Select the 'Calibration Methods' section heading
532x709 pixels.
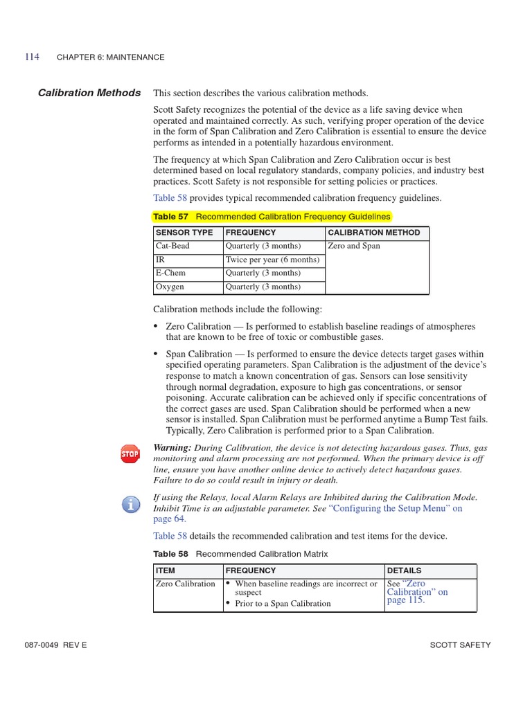pyautogui.click(x=89, y=93)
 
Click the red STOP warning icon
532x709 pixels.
pyautogui.click(x=130, y=454)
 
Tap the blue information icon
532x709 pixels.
pyautogui.click(x=130, y=503)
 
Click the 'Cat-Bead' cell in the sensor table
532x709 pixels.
pyautogui.click(x=172, y=246)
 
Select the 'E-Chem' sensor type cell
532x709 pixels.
pyautogui.click(x=170, y=273)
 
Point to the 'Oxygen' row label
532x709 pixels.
pyautogui.click(x=170, y=287)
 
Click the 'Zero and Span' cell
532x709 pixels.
pyautogui.click(x=354, y=246)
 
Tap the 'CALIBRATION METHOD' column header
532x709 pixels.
pyautogui.click(x=373, y=233)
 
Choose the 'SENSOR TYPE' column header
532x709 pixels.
pyautogui.click(x=184, y=233)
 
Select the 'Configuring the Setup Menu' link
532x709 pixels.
pyautogui.click(x=396, y=508)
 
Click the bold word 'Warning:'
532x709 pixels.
pyautogui.click(x=172, y=447)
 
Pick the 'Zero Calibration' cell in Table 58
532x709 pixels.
pyautogui.click(x=186, y=584)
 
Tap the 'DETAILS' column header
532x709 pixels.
pyautogui.click(x=404, y=571)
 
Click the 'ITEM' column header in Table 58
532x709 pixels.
pyautogui.click(x=166, y=571)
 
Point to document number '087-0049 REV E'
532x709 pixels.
pyautogui.click(x=55, y=645)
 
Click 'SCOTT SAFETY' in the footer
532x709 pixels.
pyautogui.click(x=460, y=645)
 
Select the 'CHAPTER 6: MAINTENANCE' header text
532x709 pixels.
pyautogui.click(x=110, y=57)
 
